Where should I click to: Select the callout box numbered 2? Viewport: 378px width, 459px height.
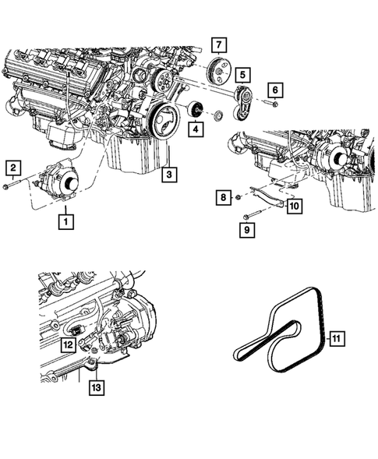[x=12, y=167]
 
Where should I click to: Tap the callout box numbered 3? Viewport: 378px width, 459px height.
[x=169, y=175]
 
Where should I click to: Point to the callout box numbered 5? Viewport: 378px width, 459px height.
[x=243, y=76]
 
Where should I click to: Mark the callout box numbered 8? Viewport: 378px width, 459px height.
[x=222, y=199]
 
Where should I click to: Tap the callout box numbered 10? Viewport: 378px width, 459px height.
[x=294, y=207]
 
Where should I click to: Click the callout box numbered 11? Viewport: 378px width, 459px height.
[x=336, y=338]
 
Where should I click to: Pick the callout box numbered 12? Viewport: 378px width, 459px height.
[x=68, y=344]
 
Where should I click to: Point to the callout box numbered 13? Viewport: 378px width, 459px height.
[x=95, y=386]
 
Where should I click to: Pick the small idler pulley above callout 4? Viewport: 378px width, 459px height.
[x=197, y=109]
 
